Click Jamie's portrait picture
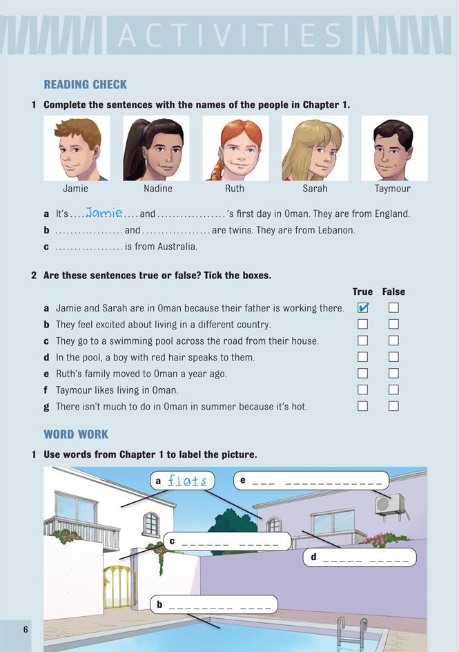(77, 148)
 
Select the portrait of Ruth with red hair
(235, 148)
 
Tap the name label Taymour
(393, 189)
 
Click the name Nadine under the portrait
(157, 189)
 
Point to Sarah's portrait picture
(315, 148)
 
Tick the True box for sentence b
(363, 325)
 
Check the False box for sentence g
(393, 406)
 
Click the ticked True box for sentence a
(363, 308)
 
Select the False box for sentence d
(393, 357)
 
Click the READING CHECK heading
(86, 84)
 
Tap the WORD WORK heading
(76, 434)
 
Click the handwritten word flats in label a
(187, 480)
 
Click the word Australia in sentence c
(175, 247)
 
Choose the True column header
(362, 291)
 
